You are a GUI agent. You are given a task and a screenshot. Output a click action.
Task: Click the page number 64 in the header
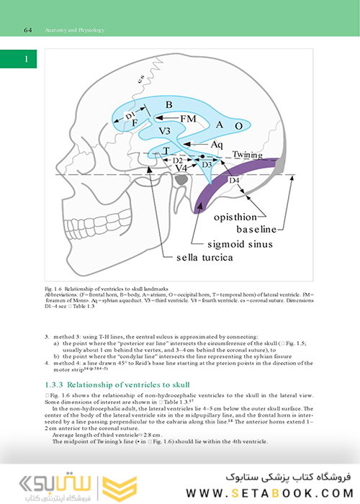pos(29,30)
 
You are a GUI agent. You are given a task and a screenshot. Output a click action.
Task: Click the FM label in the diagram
pos(189,117)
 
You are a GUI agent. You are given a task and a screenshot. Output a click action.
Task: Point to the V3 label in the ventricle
pos(165,130)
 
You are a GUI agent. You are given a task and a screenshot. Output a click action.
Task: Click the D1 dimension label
pos(130,116)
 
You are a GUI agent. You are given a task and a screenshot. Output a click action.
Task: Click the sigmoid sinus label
pos(230,244)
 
